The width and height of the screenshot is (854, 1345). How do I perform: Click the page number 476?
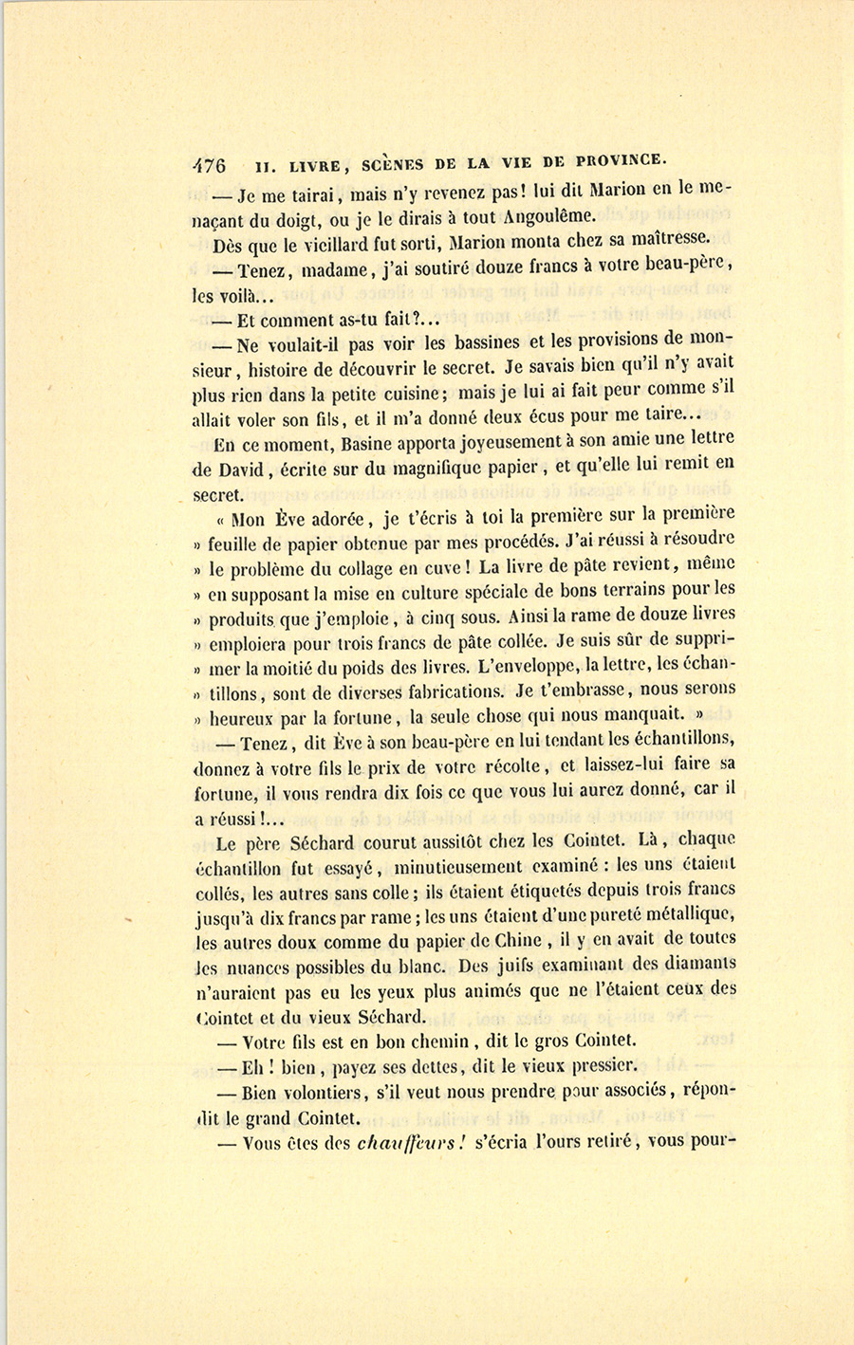209,164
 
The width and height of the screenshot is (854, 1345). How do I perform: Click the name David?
240,469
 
